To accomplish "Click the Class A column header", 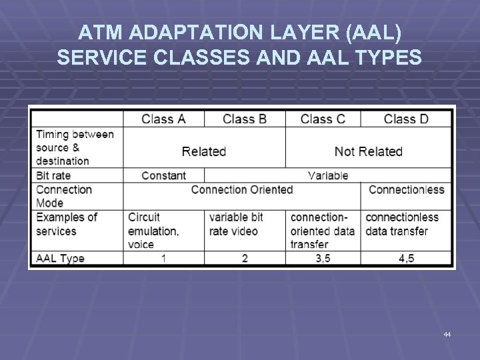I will coord(163,119).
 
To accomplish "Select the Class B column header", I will coord(245,119).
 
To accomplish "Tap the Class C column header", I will coord(323,119).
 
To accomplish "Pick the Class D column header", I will coord(406,119).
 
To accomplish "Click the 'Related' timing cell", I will coord(204,151).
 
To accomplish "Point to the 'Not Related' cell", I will coord(369,151).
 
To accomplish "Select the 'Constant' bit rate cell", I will coord(163,175).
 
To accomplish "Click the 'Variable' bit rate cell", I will coord(328,175).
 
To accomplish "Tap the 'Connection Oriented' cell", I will coord(242,189).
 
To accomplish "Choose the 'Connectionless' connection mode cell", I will coord(406,189).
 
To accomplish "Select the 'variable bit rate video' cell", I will coord(236,224).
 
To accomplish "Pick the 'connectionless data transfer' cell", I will coord(402,224).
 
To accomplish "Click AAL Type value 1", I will coord(163,258).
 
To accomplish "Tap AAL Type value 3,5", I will coord(323,258).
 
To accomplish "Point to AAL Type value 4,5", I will coord(406,258).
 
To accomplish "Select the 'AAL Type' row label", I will coord(60,258).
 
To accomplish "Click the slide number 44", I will coord(447,334).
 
